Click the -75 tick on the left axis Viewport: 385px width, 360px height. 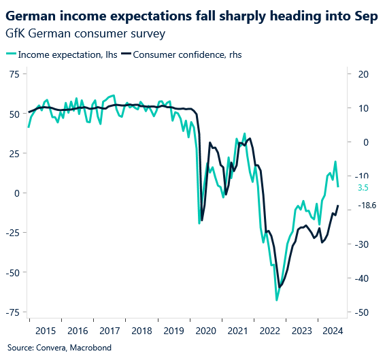pyautogui.click(x=12, y=312)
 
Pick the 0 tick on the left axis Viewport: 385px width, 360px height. pyautogui.click(x=16, y=193)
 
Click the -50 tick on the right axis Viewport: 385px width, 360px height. pyautogui.click(x=361, y=312)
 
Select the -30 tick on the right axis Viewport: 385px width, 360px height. pyautogui.click(x=361, y=244)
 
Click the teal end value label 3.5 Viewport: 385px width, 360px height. pyautogui.click(x=363, y=187)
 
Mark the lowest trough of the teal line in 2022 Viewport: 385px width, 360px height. pyautogui.click(x=277, y=299)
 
